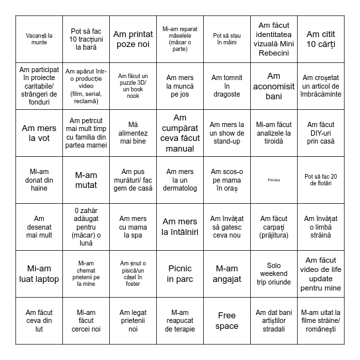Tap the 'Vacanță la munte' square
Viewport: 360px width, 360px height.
pyautogui.click(x=39, y=38)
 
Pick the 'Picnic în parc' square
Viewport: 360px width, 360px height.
pyautogui.click(x=180, y=274)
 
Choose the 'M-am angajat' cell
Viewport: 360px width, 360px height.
pyautogui.click(x=227, y=274)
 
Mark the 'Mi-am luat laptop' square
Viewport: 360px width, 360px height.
pyautogui.click(x=39, y=274)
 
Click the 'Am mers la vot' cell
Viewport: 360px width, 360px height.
pyautogui.click(x=39, y=133)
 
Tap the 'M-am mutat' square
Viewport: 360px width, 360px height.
pyautogui.click(x=86, y=180)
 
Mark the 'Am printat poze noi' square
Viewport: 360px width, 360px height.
pyautogui.click(x=133, y=38)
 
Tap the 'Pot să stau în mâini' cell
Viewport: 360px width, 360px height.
pyautogui.click(x=227, y=38)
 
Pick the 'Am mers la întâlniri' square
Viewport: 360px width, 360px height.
pyautogui.click(x=180, y=227)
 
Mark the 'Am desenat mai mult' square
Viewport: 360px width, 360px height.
pyautogui.click(x=39, y=227)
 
